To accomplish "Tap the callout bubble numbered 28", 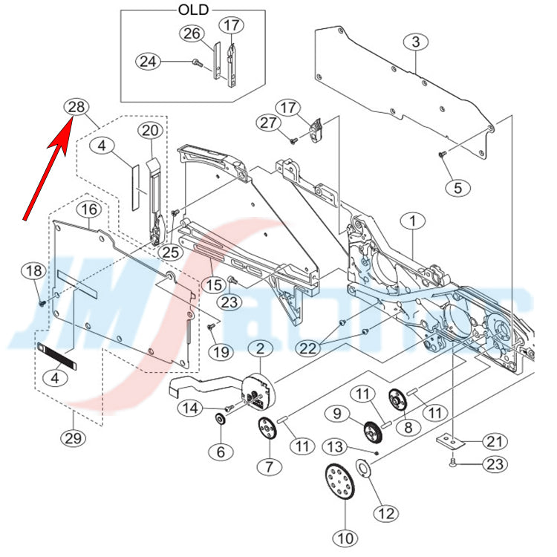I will tap(76, 108).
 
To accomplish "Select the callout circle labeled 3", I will tap(415, 42).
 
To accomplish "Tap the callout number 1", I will tap(412, 221).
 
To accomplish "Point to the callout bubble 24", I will tap(148, 62).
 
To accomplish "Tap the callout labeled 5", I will tap(457, 187).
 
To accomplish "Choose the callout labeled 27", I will tap(270, 123).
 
